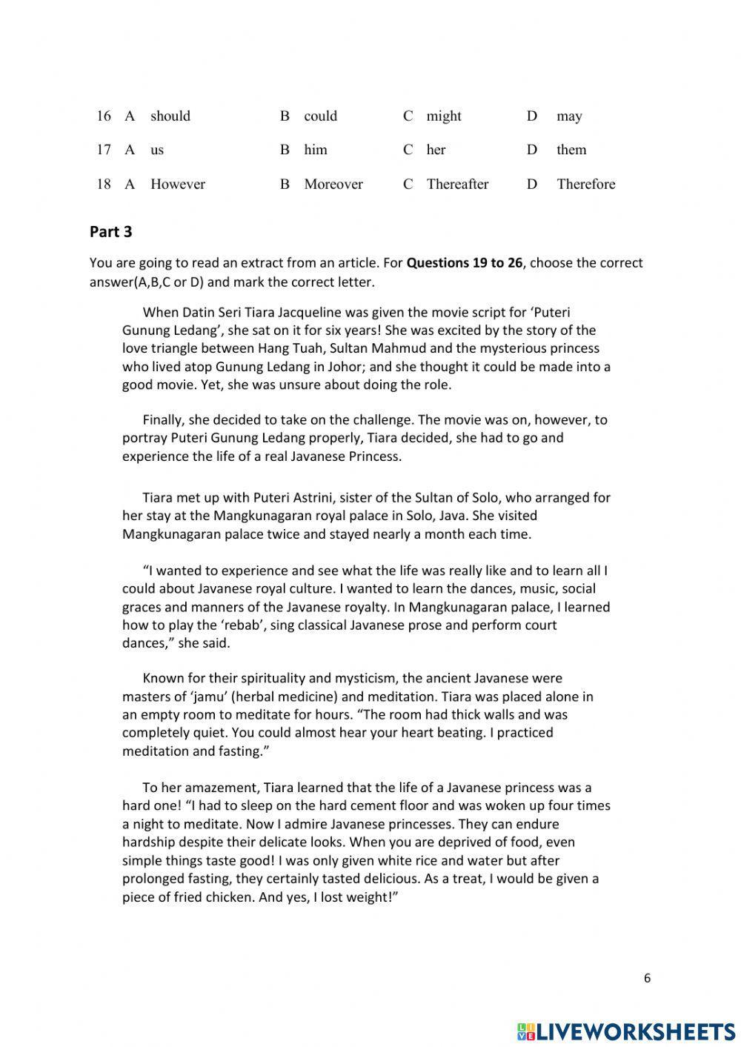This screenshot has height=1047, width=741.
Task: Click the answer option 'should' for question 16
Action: [x=170, y=116]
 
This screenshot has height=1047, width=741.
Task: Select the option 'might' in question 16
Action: [x=443, y=116]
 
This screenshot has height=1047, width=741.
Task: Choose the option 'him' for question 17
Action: [x=315, y=150]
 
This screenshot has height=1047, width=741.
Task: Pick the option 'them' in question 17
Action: [x=571, y=150]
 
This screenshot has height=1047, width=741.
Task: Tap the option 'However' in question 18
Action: [x=177, y=185]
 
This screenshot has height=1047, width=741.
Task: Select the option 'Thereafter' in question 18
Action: [x=456, y=185]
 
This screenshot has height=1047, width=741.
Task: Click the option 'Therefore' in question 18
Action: [x=585, y=185]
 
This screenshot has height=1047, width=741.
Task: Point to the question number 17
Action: [x=104, y=150]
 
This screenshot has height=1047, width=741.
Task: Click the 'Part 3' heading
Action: [x=110, y=232]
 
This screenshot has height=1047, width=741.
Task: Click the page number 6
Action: [x=647, y=978]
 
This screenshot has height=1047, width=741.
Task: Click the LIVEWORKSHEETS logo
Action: [x=626, y=1031]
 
